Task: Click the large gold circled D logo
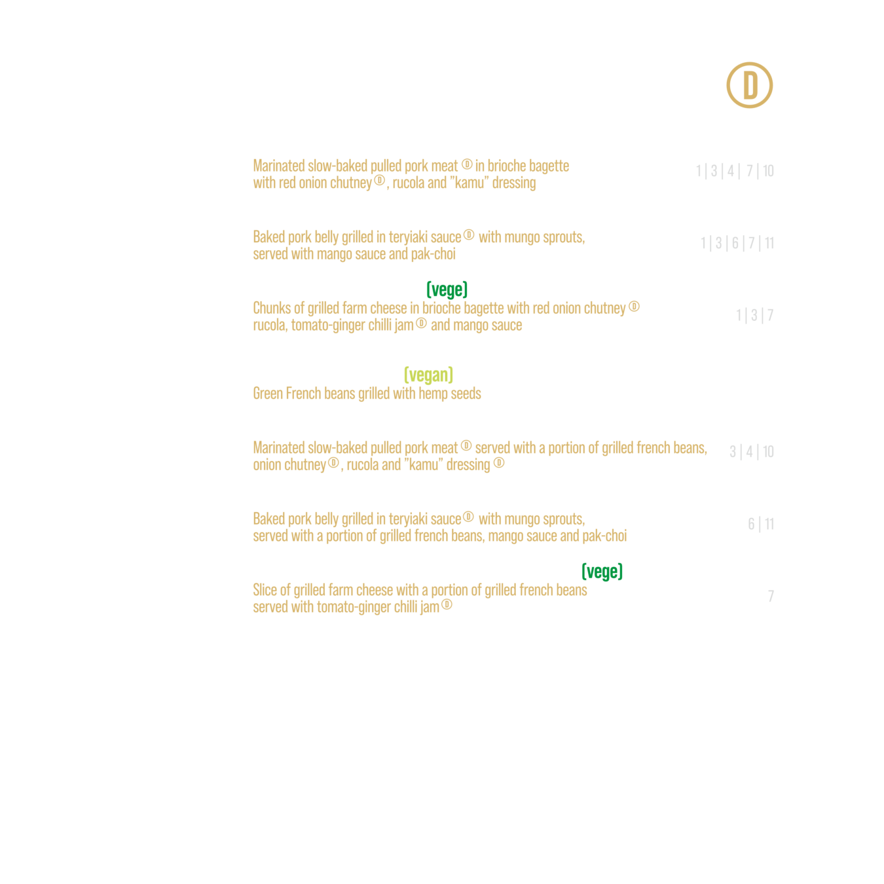[x=749, y=85]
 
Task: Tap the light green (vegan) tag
[x=428, y=375]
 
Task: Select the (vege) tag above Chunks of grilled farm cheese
[x=447, y=289]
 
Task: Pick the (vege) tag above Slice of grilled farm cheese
[x=602, y=571]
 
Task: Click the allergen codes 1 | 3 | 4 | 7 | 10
[x=735, y=171]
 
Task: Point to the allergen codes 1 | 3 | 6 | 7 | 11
[x=737, y=243]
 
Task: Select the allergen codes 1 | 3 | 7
[x=755, y=315]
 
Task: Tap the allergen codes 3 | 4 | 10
[x=752, y=452]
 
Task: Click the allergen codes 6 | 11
[x=761, y=524]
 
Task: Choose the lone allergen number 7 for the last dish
[x=771, y=596]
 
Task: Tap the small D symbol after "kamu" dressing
[x=499, y=463]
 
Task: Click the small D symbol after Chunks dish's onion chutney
[x=634, y=306]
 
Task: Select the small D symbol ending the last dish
[x=447, y=605]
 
